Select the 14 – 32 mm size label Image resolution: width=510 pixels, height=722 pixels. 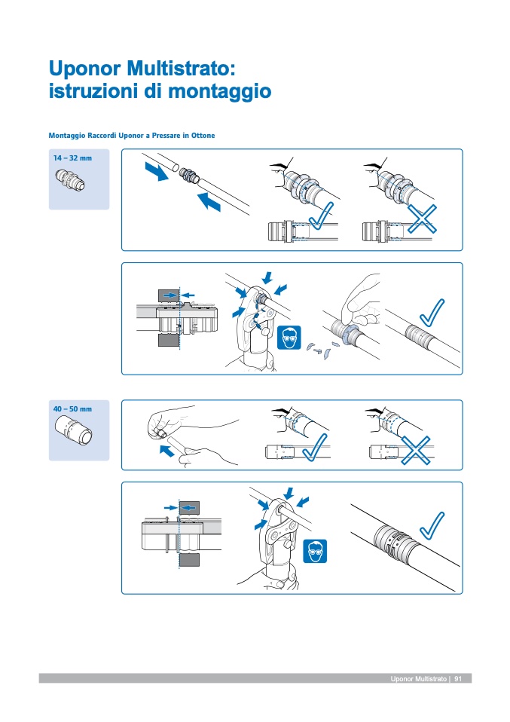click(x=72, y=158)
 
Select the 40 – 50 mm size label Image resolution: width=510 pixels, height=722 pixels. click(x=72, y=408)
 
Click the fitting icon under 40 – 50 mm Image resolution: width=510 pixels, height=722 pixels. click(x=72, y=433)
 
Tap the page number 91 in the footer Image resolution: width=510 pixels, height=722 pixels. click(x=457, y=679)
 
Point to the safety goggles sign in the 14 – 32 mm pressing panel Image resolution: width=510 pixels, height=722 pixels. click(x=289, y=340)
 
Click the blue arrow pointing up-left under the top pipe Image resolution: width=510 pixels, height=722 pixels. click(x=209, y=201)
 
